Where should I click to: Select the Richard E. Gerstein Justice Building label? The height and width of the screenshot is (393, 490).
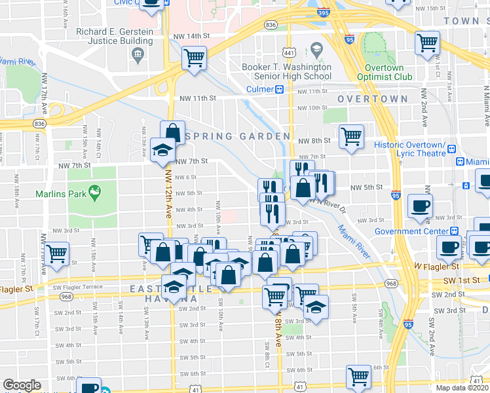pos(115,36)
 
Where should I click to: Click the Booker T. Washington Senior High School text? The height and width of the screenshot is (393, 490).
pos(286,71)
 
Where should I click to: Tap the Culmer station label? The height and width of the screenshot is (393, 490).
pos(261,89)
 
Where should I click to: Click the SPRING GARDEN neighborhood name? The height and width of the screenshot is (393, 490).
pos(238,136)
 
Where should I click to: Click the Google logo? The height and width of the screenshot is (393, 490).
pos(22,385)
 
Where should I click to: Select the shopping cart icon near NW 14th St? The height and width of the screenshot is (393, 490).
pos(194,58)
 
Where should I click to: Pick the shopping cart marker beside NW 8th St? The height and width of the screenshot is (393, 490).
pos(351,136)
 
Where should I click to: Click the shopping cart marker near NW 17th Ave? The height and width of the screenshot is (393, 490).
pos(57,252)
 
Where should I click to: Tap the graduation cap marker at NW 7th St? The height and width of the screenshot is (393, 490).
pos(162,149)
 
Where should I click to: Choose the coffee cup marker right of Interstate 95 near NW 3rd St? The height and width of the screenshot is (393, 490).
pos(419,205)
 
